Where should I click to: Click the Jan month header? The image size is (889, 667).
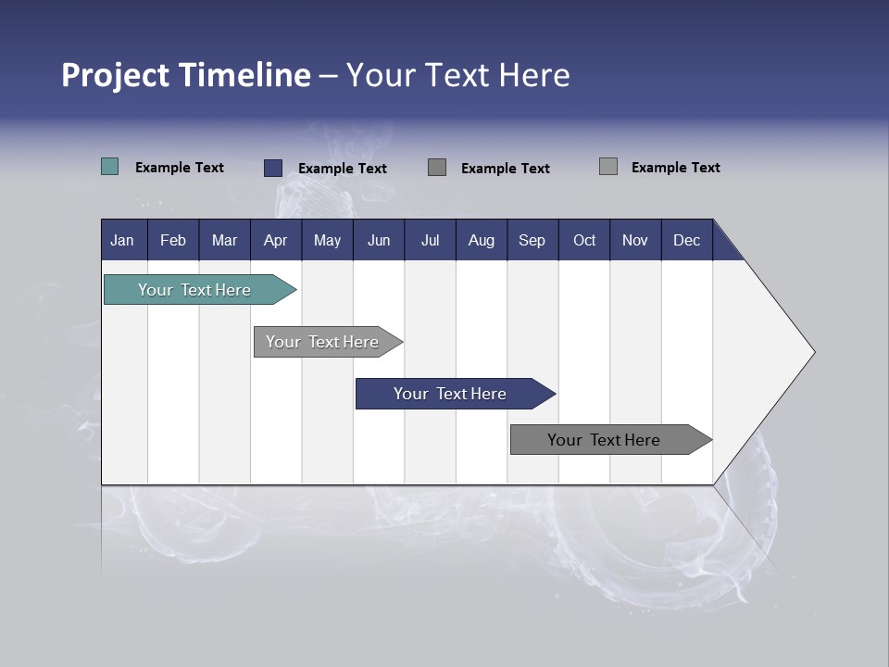click(123, 240)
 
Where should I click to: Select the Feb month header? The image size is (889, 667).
click(173, 240)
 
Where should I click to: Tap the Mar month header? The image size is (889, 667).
click(224, 240)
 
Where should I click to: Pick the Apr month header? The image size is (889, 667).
click(276, 240)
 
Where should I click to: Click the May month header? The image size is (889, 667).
click(327, 240)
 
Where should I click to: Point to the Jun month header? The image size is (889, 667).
click(379, 240)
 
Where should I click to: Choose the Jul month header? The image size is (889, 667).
click(430, 240)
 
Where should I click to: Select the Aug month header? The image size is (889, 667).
click(482, 240)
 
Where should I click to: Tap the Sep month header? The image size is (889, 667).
click(532, 240)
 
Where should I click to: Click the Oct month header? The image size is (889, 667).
click(584, 240)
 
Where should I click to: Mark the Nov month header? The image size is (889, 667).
click(635, 240)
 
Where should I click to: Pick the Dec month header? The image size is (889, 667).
click(687, 240)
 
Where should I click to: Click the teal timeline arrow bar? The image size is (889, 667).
click(195, 290)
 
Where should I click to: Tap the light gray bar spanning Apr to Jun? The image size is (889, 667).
click(323, 342)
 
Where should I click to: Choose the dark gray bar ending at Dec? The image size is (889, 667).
click(605, 440)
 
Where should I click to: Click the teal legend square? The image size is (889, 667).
click(110, 167)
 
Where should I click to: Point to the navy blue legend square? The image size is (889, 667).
click(273, 168)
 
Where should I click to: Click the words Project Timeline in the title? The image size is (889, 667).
click(186, 75)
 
